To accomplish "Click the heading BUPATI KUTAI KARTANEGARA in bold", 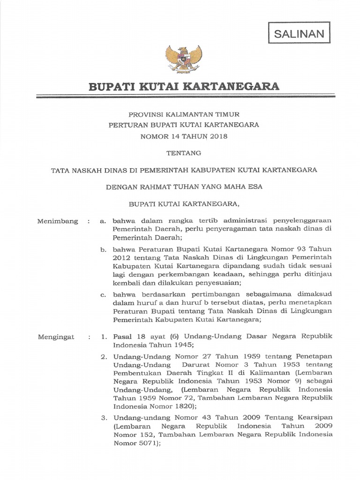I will coord(184,86).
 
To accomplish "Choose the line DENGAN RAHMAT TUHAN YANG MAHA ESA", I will coord(184,187).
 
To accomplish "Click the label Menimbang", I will coord(58,221).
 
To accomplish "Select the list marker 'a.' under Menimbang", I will coord(103,221).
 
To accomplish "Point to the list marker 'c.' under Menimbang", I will coord(103,294).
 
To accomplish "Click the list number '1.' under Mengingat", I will coord(105,337).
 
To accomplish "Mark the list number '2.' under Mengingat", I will coord(105,357).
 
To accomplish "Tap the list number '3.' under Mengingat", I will coord(105,418).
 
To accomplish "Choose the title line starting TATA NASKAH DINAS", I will coord(184,170).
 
